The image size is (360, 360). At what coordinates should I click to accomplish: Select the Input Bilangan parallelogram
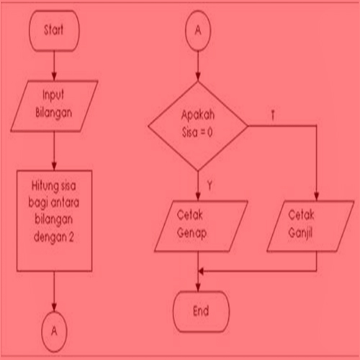click(54, 105)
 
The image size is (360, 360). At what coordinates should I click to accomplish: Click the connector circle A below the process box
click(54, 330)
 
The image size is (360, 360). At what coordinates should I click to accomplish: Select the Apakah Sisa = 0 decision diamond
click(198, 126)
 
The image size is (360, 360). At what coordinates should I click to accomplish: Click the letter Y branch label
click(210, 186)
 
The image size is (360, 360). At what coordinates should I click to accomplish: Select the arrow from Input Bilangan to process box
click(54, 151)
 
